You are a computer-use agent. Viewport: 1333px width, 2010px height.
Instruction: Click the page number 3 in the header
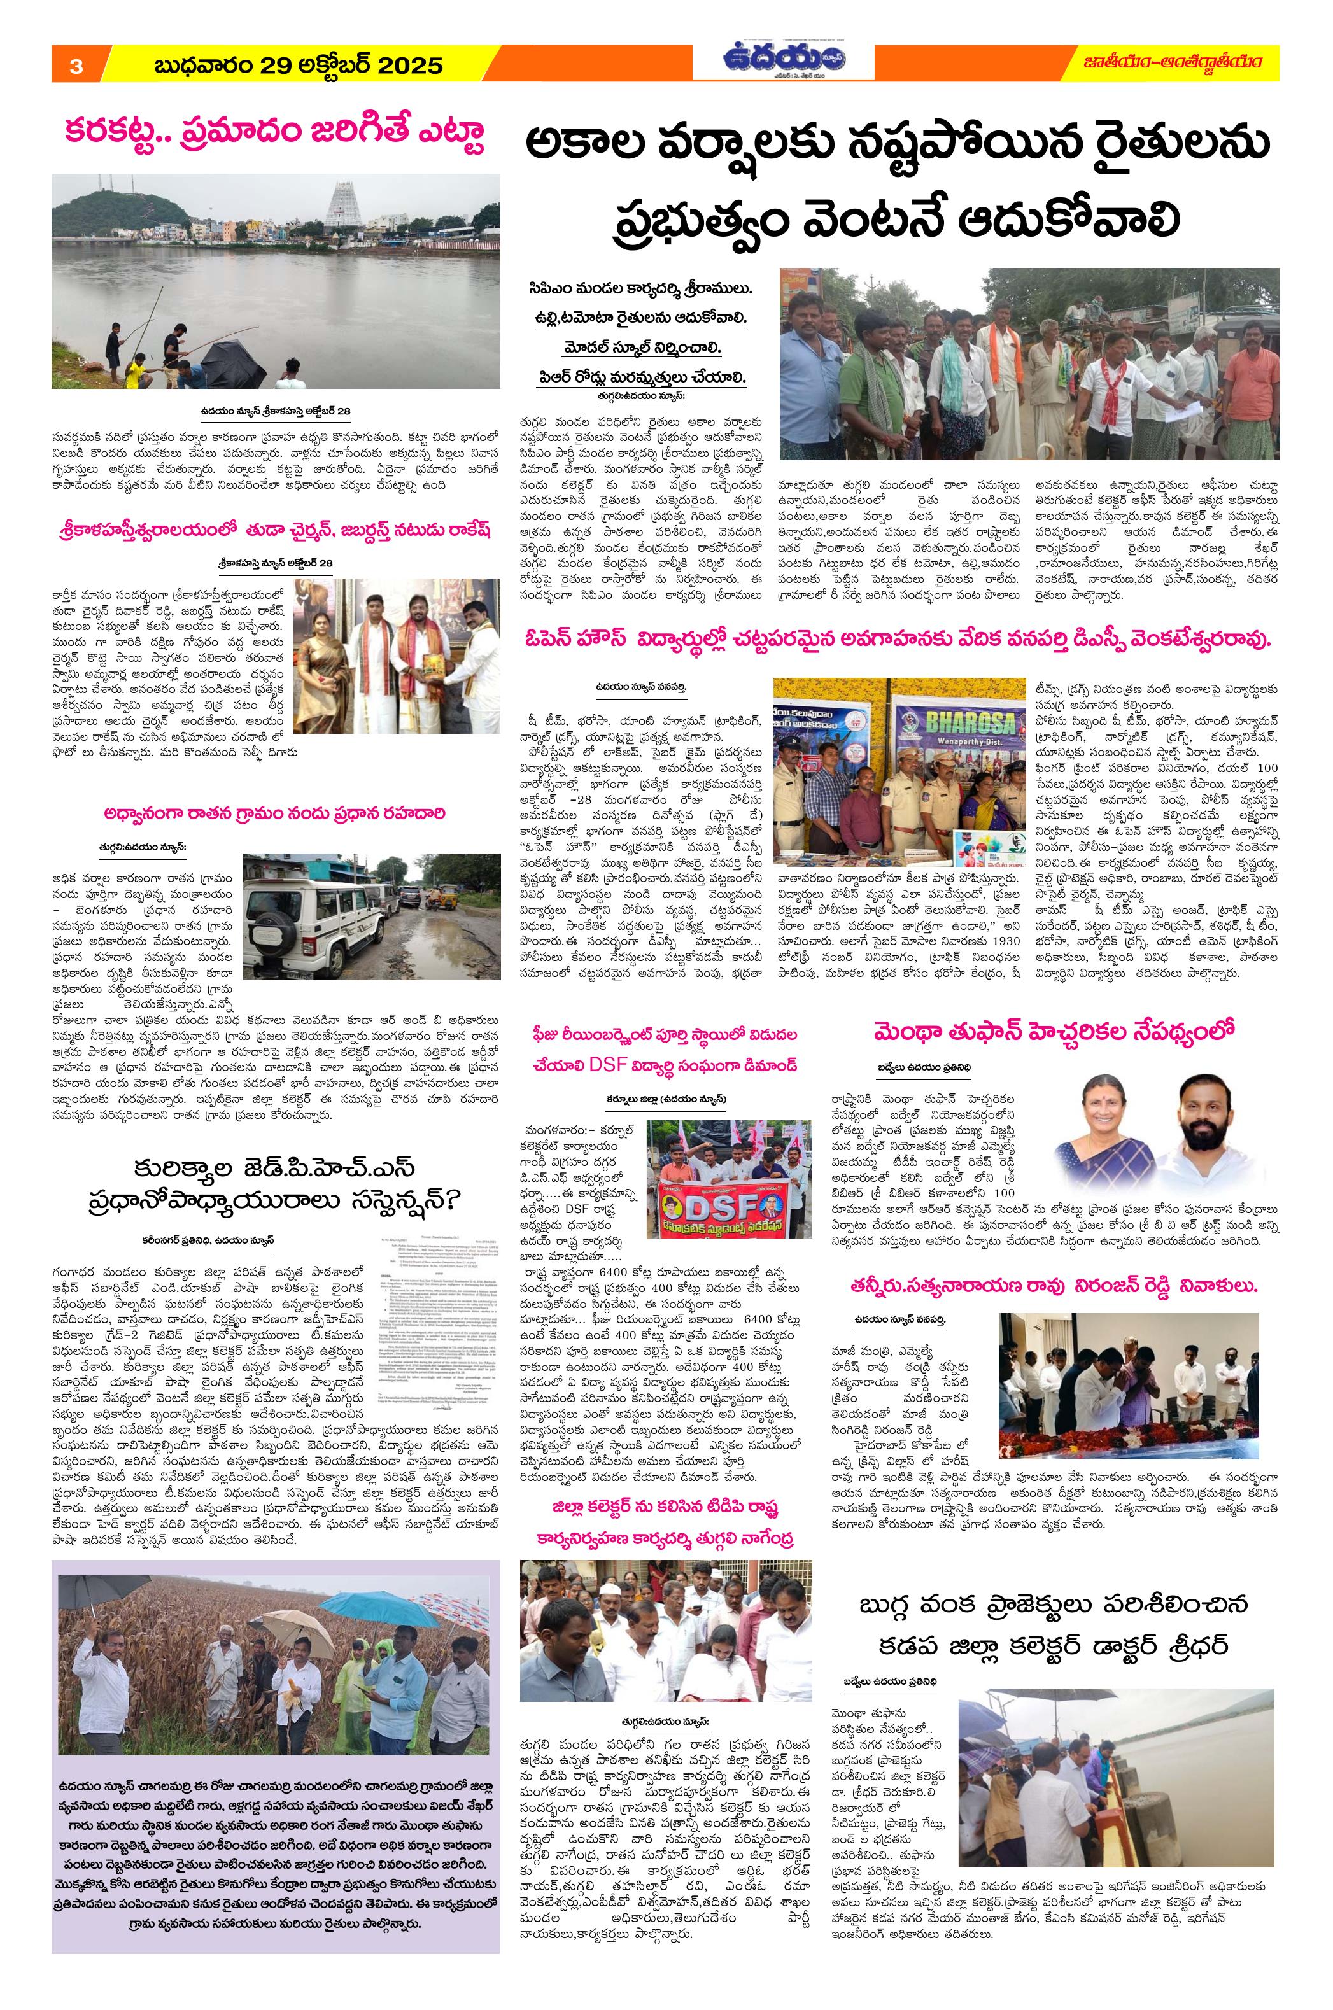76,66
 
